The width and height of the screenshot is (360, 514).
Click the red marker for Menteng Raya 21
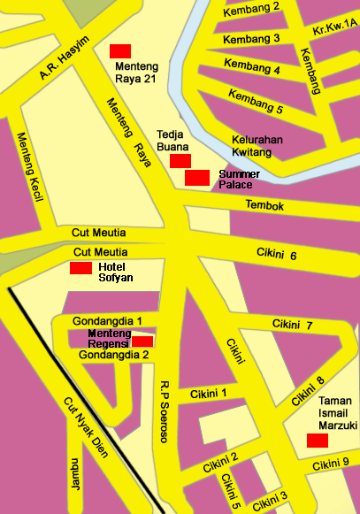(x=120, y=50)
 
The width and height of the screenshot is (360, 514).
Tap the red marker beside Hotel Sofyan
(x=80, y=268)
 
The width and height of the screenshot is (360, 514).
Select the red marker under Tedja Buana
(x=180, y=160)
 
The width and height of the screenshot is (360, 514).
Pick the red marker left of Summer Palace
(x=197, y=178)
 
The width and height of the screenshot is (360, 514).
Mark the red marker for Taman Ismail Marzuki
(x=318, y=441)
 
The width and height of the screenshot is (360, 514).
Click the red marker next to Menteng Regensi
(x=142, y=341)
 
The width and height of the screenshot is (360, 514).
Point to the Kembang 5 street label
(x=255, y=102)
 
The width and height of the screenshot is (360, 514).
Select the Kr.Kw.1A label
(x=335, y=30)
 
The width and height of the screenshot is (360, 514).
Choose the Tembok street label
(x=264, y=206)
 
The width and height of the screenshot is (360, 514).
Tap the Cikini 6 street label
(x=276, y=255)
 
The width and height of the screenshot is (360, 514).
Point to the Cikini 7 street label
(x=293, y=325)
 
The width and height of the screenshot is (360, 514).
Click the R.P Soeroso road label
(x=164, y=410)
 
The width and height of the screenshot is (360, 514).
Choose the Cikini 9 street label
(x=336, y=464)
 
